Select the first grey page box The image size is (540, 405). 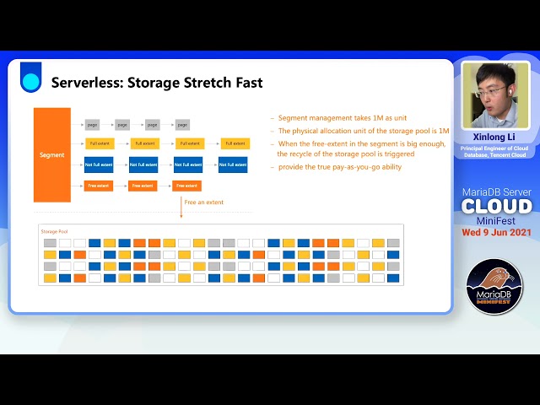93,124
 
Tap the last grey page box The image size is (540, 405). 181,124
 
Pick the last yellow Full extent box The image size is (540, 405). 235,143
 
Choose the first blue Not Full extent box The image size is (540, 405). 98,165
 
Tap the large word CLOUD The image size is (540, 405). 496,206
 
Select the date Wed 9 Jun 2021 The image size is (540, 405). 496,233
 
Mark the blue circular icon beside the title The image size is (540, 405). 31,82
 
